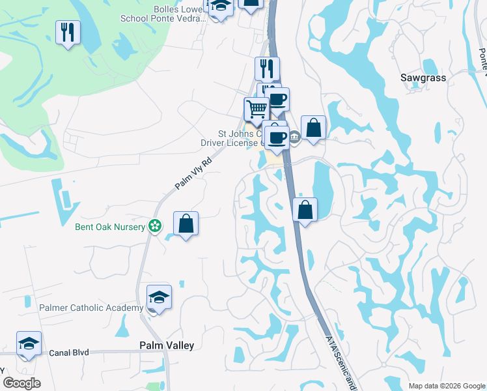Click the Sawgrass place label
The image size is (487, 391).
point(423,78)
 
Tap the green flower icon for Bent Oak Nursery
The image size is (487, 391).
point(155,226)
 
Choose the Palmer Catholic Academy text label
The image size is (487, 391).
point(91,308)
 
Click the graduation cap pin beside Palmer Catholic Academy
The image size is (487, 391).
point(159,297)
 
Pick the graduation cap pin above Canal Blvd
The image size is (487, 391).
point(29,343)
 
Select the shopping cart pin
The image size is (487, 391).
point(256,109)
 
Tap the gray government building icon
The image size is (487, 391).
point(294,136)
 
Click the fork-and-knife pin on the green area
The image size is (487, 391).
point(68,32)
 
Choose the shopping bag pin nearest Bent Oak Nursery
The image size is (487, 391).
point(186,224)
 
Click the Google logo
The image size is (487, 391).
point(21,383)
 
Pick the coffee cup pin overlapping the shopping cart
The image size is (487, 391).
point(277,100)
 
